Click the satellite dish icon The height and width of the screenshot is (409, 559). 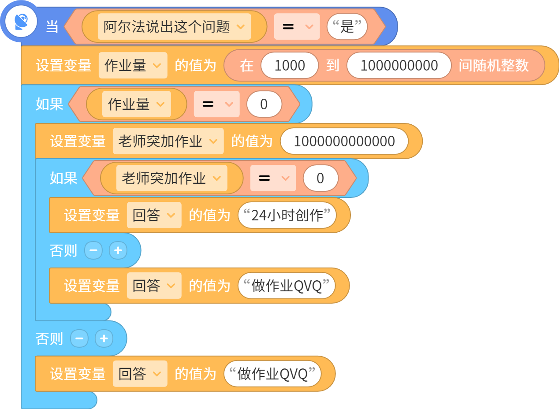21,22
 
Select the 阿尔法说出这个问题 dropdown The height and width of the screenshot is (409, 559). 174,26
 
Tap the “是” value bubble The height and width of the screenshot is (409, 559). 347,26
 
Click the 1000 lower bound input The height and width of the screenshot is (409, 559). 290,65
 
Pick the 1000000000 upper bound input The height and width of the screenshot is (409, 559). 399,65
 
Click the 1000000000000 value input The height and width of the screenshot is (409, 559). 344,141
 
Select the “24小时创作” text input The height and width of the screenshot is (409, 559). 287,215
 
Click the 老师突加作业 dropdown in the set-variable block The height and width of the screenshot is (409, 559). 168,141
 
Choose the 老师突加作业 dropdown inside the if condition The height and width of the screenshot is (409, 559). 171,178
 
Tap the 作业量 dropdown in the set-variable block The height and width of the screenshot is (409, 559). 133,65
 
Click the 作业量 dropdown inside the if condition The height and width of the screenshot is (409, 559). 137,104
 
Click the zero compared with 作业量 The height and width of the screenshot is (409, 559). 264,104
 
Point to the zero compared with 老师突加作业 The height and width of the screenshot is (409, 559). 320,178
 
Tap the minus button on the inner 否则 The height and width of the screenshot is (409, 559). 93,250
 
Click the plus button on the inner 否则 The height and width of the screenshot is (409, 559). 118,250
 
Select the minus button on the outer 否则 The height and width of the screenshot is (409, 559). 79,338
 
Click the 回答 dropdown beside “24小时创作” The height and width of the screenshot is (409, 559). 154,215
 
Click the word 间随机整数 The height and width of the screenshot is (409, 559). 494,65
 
